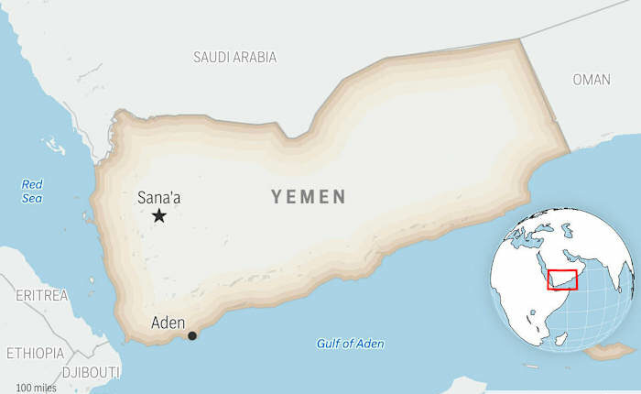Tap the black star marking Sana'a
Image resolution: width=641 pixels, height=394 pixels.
pos(159,215)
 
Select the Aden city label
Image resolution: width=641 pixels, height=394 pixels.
pos(168,323)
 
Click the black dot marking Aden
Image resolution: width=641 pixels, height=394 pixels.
pos(192,335)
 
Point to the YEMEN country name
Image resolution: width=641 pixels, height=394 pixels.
pos(309,196)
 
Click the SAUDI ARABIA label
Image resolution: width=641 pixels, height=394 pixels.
pos(234,57)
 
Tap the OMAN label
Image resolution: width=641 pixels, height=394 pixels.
pos(592,80)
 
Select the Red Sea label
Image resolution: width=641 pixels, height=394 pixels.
pos(33,190)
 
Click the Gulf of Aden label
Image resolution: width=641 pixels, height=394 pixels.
pos(351,344)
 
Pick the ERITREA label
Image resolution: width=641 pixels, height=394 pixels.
pos(42,295)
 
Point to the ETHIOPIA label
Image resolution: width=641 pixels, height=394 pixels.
pos(36,353)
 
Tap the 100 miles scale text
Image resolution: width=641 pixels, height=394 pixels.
pos(37,388)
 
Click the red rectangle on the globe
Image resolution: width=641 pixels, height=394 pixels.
pos(562,278)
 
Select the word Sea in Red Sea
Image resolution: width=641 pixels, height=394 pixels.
pos(33,197)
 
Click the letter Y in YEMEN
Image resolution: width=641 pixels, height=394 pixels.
pos(277,196)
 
